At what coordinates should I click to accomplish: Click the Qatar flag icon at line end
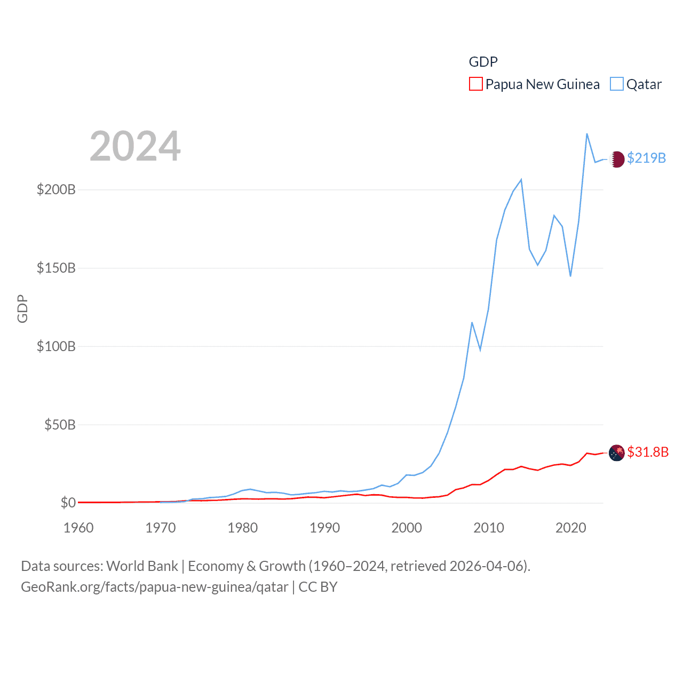(x=617, y=159)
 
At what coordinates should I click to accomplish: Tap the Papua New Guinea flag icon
(x=617, y=452)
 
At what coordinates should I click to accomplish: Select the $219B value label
(x=646, y=158)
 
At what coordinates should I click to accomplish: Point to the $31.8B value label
(x=648, y=452)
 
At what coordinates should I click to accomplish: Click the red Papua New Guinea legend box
(x=475, y=84)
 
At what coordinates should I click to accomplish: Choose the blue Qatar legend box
(x=616, y=84)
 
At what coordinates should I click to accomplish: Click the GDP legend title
(x=483, y=62)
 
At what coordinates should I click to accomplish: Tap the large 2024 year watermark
(x=135, y=146)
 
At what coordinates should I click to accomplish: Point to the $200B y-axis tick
(x=56, y=189)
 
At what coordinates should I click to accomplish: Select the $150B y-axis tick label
(x=56, y=268)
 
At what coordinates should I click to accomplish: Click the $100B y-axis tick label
(x=56, y=346)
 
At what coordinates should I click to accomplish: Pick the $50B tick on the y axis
(x=60, y=425)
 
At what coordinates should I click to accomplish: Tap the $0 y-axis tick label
(x=68, y=503)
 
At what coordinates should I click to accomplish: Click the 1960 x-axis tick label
(x=78, y=528)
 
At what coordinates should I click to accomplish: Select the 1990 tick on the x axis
(x=324, y=528)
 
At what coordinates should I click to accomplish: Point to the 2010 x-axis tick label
(x=489, y=528)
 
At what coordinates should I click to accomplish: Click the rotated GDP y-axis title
(x=22, y=308)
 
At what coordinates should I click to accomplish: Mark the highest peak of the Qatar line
(x=587, y=134)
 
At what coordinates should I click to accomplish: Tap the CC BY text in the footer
(x=318, y=587)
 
